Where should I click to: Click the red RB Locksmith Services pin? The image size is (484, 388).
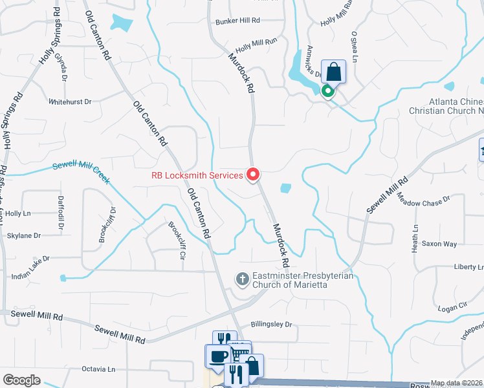pos(253,175)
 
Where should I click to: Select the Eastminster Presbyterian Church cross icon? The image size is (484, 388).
pos(242,279)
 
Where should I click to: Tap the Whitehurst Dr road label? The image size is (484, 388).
pos(71,102)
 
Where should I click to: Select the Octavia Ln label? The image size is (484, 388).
pos(98,369)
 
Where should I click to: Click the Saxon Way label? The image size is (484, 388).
pos(439,244)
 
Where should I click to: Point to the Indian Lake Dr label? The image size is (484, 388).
pos(26,266)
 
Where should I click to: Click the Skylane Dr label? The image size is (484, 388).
pos(23,236)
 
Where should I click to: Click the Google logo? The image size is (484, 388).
pos(21,380)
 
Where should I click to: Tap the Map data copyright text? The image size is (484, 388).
pos(457,383)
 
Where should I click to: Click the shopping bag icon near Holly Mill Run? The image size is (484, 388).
pos(333,71)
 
